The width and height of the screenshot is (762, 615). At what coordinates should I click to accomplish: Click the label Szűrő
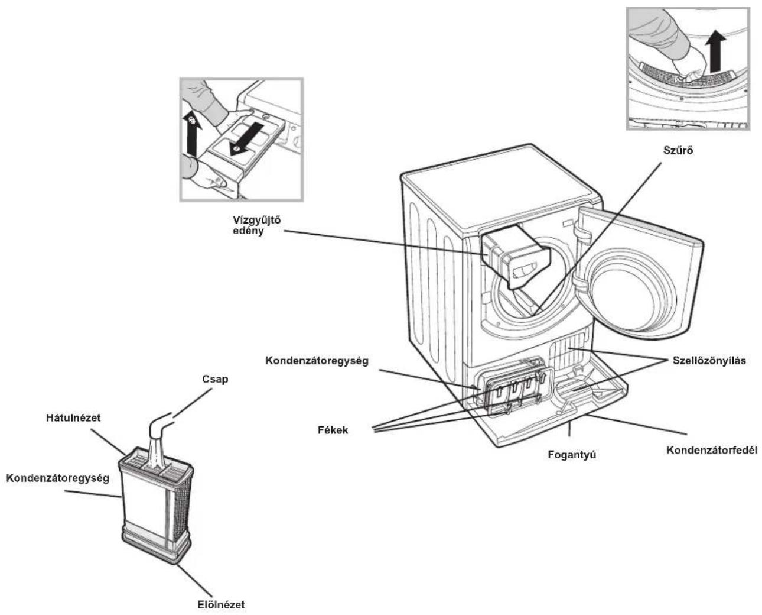[678, 151]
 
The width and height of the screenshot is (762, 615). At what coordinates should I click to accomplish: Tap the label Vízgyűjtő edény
[257, 225]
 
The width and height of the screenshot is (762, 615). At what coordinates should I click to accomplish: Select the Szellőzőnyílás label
[709, 361]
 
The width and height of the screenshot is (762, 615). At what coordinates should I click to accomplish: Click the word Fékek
[333, 430]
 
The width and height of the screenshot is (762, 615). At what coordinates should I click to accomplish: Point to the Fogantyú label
[572, 455]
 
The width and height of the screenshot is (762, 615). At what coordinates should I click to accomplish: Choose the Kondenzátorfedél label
[712, 450]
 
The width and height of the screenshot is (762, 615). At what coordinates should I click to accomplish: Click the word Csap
[215, 379]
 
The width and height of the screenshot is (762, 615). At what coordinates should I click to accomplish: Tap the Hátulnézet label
[73, 418]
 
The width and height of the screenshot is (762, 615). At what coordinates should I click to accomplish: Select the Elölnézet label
[221, 604]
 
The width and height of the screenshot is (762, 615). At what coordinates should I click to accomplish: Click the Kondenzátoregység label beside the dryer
[317, 361]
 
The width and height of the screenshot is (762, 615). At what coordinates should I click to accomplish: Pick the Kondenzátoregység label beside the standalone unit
[58, 478]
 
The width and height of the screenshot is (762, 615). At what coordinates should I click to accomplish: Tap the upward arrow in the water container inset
[192, 134]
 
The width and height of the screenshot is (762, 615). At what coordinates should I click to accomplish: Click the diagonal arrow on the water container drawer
[245, 140]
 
